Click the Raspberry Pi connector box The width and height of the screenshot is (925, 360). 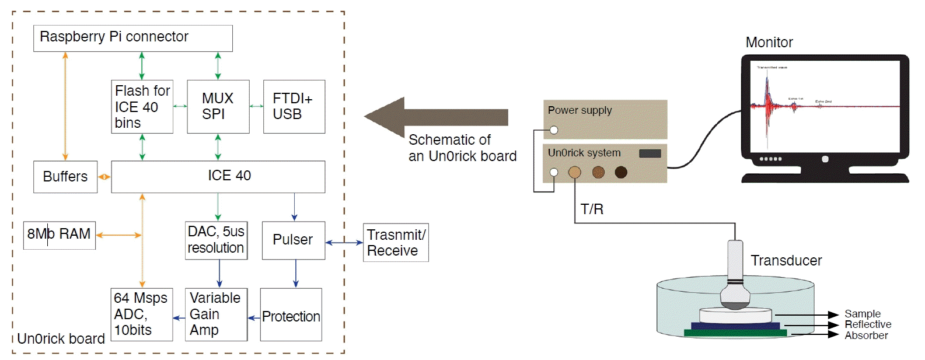coord(132,39)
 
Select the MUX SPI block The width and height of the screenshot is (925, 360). coord(218,107)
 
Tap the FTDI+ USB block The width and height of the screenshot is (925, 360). coord(294,107)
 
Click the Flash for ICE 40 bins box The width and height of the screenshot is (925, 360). coord(142,107)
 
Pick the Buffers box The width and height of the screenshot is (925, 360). coord(65,177)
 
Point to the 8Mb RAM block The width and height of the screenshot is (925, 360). coord(59,235)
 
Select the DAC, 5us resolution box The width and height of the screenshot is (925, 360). coord(216,240)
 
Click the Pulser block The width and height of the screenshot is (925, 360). coord(293,240)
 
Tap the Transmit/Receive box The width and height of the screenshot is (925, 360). coord(396,243)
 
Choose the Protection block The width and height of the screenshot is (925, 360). coord(291,315)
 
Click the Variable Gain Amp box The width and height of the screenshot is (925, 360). coord(215,314)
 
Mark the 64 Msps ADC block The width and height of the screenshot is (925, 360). coord(141,314)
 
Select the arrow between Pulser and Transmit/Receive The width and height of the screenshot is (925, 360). coord(344,243)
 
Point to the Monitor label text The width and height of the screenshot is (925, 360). coord(769,43)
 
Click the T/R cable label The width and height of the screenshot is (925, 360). coord(592,209)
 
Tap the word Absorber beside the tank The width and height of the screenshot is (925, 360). coord(866,335)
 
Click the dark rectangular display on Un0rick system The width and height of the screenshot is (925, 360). coord(650,153)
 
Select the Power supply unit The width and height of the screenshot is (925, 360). coord(605,118)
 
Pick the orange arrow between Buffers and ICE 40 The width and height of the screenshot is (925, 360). coord(104,177)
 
